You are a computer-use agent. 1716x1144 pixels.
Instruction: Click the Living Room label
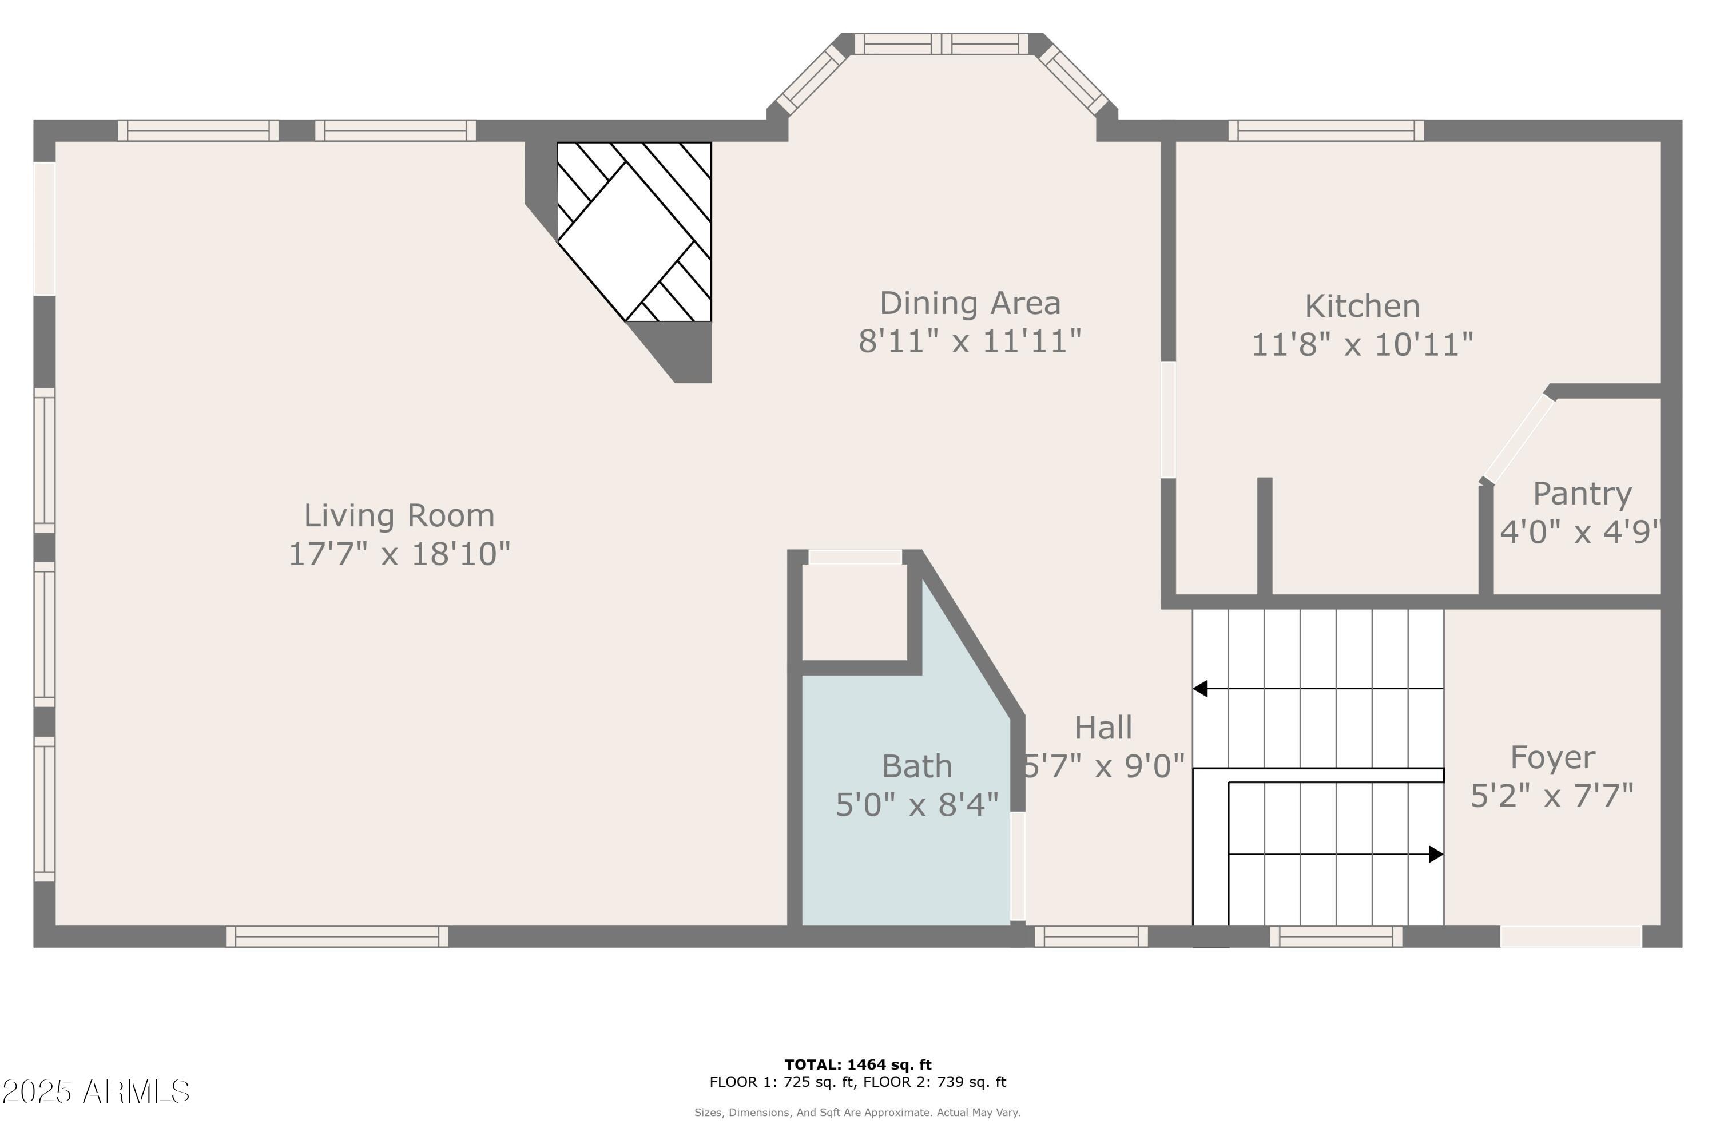[x=399, y=516]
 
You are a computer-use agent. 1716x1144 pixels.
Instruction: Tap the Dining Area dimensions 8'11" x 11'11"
[x=970, y=341]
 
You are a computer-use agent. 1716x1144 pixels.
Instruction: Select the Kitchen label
[x=1362, y=307]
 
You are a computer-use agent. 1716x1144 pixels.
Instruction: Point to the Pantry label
[x=1582, y=494]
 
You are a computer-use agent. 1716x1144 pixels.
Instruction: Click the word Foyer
[x=1552, y=757]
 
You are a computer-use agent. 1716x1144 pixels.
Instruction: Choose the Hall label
[x=1103, y=728]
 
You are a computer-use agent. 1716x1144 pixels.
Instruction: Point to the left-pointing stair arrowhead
[x=1201, y=688]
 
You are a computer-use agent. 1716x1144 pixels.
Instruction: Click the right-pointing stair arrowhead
[x=1435, y=853]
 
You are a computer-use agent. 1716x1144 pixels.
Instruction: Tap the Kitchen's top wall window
[x=1326, y=130]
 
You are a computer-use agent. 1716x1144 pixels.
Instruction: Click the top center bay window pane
[x=941, y=44]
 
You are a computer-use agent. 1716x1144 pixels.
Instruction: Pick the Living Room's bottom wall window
[x=337, y=936]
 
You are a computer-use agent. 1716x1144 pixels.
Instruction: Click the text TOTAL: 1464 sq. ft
[x=858, y=1064]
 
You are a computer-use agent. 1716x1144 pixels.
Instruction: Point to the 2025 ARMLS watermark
[x=96, y=1092]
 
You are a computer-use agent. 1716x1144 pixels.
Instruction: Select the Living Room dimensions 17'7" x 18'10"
[x=399, y=554]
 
